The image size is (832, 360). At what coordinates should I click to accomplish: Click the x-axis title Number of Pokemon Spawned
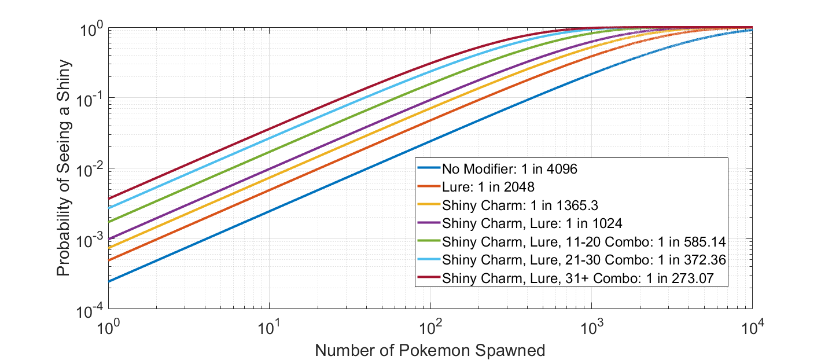(x=430, y=350)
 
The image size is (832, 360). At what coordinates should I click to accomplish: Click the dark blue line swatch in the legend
(x=428, y=170)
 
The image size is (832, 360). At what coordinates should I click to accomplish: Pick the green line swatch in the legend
(x=428, y=241)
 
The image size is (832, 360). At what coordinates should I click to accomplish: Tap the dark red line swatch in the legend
(x=428, y=277)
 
